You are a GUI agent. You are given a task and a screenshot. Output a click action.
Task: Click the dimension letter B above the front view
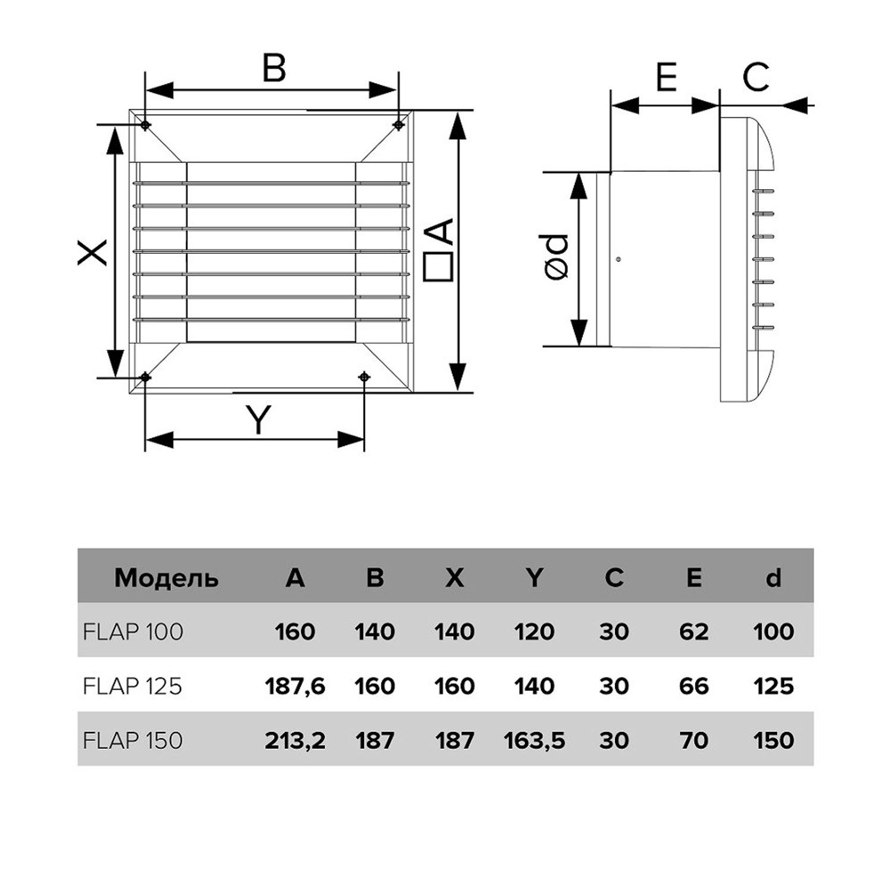[274, 68]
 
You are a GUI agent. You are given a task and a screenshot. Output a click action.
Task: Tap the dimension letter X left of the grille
[93, 252]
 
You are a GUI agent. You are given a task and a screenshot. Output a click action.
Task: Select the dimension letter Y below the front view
[259, 419]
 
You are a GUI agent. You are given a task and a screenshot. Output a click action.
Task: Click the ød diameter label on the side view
[556, 257]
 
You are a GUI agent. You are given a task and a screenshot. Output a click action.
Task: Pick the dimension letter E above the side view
[666, 77]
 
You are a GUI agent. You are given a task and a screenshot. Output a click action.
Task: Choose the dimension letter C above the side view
[756, 77]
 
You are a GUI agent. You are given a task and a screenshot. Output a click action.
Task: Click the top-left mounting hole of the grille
[145, 125]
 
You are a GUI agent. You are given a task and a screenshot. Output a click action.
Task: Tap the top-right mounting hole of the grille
[398, 125]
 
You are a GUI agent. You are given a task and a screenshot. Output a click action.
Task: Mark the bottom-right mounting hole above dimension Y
[365, 377]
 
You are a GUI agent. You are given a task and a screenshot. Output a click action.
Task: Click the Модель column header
[166, 578]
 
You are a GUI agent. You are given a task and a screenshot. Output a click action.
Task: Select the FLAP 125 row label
[132, 686]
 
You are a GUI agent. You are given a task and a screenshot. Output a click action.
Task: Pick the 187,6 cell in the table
[295, 686]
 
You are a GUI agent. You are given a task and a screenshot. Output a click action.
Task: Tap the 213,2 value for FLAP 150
[295, 741]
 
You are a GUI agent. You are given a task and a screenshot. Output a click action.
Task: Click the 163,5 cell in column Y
[534, 741]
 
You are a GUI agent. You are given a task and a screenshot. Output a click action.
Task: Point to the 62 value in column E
[693, 632]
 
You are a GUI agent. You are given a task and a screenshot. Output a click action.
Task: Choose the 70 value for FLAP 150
[693, 741]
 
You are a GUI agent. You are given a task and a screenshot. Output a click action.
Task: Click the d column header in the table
[773, 578]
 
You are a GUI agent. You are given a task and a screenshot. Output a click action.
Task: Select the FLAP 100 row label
[133, 632]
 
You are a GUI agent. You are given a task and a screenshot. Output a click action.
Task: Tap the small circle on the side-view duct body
[619, 259]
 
